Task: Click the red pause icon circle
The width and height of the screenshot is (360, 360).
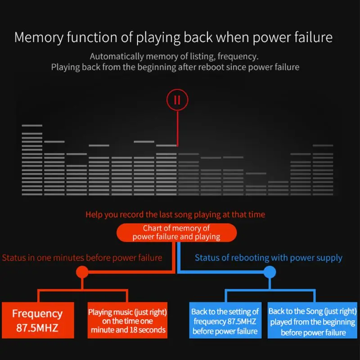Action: click(x=177, y=90)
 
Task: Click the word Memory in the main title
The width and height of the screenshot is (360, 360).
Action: click(x=39, y=38)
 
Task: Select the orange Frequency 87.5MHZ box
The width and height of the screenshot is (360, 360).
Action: click(x=38, y=320)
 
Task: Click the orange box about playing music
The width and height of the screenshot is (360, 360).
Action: click(x=127, y=320)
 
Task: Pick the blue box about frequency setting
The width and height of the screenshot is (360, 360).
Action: click(x=225, y=320)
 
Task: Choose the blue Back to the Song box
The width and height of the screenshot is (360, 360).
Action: click(x=312, y=320)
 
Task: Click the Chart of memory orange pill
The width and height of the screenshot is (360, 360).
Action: click(x=176, y=232)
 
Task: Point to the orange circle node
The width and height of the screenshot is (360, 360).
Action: click(x=82, y=272)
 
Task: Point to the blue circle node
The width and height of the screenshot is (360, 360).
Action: click(x=270, y=272)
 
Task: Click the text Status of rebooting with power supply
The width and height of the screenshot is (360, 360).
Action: click(x=268, y=258)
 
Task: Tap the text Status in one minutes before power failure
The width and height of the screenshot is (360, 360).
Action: click(x=82, y=258)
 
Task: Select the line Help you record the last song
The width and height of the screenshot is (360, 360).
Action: click(x=175, y=215)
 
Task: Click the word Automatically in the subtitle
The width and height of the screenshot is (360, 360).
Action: click(x=117, y=57)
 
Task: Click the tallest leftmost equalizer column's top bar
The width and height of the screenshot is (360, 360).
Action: click(x=32, y=126)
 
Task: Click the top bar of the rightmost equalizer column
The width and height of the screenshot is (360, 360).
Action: click(x=323, y=145)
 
